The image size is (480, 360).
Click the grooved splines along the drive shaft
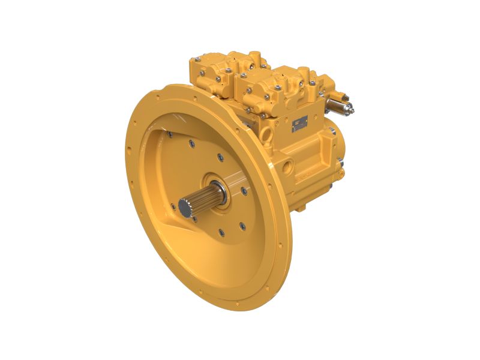(x=203, y=197)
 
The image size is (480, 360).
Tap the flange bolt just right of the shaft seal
(x=245, y=191)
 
